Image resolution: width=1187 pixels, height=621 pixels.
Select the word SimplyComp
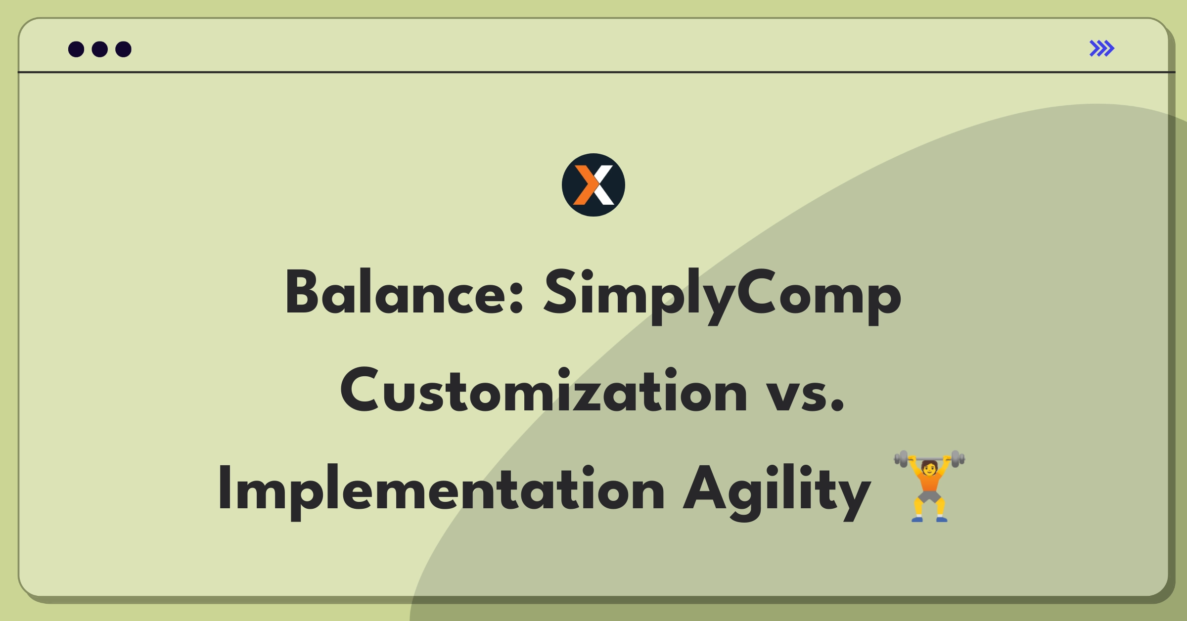tap(723, 296)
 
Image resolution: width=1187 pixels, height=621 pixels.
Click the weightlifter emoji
tap(929, 486)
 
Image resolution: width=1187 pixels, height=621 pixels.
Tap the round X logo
tap(593, 185)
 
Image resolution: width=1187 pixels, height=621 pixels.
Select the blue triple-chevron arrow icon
tap(1102, 48)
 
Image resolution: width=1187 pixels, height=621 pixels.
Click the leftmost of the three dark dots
tap(76, 49)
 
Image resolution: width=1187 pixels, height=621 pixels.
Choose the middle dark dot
tap(100, 49)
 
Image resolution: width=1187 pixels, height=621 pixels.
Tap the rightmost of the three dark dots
tap(124, 49)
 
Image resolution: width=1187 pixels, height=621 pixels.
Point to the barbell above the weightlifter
tap(929, 458)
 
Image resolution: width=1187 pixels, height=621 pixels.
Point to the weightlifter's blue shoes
tap(929, 519)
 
